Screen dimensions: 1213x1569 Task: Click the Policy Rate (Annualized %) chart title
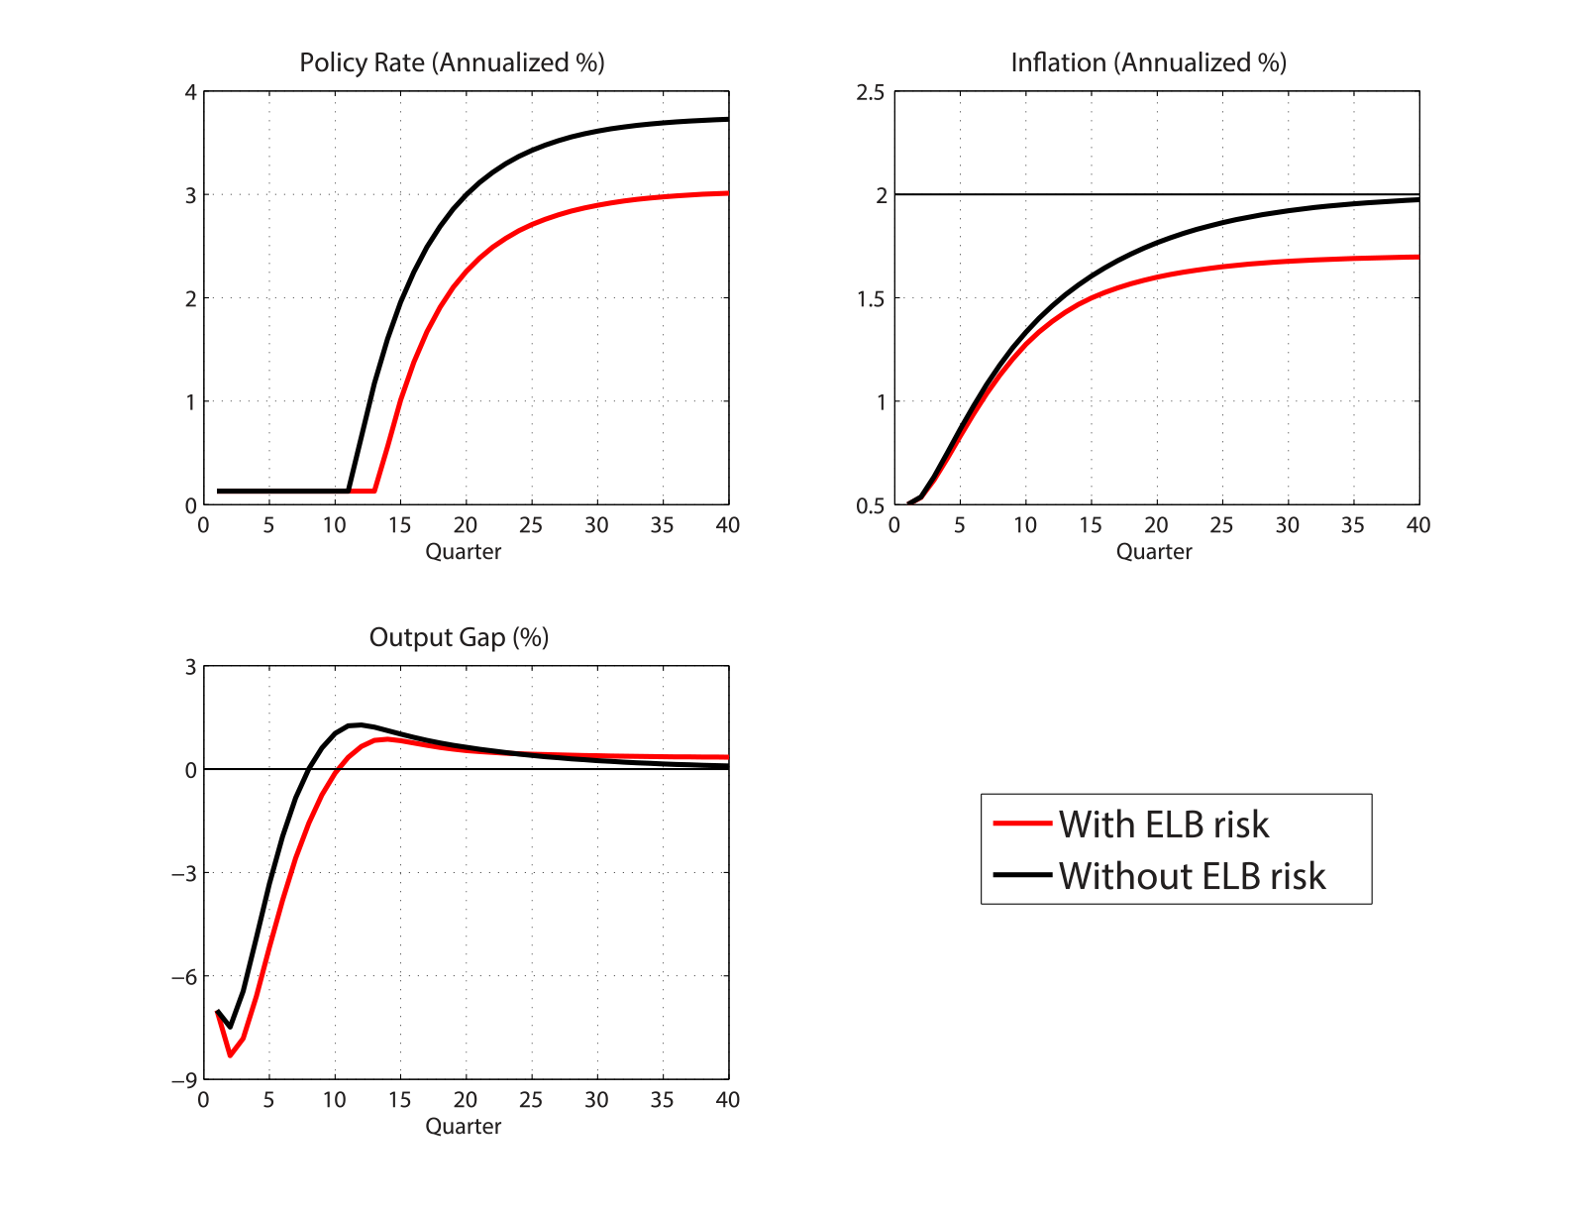[452, 62]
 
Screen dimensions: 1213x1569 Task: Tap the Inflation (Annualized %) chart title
[1148, 62]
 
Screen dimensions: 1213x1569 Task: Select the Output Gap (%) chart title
[459, 637]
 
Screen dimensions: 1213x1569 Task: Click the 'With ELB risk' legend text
[1163, 825]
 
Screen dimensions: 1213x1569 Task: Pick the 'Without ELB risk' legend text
[1192, 876]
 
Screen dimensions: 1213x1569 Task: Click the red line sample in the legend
[1021, 823]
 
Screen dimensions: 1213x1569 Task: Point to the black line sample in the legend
[1021, 874]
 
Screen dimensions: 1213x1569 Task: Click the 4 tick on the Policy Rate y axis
[190, 92]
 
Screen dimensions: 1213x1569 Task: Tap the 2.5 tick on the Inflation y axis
[871, 92]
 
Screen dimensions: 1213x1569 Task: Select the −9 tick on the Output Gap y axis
[184, 1079]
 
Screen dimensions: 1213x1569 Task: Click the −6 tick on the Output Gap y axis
[184, 976]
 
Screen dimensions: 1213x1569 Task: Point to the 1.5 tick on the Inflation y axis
[871, 298]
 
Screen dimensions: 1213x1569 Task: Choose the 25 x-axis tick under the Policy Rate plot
[531, 525]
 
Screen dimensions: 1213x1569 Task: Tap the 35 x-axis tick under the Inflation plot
[1353, 525]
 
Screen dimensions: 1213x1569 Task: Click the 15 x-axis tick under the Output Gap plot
[399, 1100]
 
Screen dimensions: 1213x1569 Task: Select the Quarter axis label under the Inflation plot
[1154, 552]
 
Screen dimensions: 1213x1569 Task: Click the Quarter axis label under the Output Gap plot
[463, 1127]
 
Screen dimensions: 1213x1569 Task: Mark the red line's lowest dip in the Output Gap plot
[230, 1054]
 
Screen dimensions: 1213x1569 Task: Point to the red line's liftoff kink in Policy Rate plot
[374, 491]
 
